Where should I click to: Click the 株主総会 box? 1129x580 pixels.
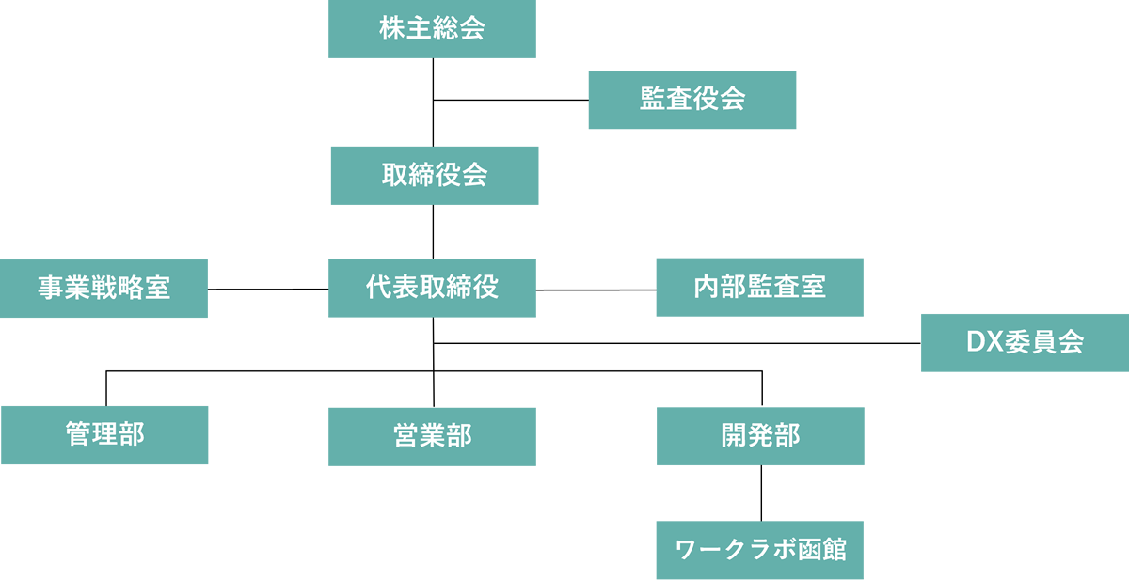click(x=432, y=29)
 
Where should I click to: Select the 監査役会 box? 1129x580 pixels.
click(x=692, y=100)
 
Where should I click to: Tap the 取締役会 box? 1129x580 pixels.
click(x=434, y=176)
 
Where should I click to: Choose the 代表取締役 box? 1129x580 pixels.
click(x=432, y=289)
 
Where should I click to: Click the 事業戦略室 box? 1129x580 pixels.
click(x=103, y=289)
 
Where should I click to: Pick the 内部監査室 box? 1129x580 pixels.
click(x=759, y=288)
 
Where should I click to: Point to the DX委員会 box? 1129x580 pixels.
click(x=1025, y=342)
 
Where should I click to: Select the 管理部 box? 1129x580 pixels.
click(x=104, y=435)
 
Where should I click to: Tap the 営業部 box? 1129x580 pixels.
click(x=432, y=436)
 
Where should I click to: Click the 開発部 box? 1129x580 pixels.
click(x=760, y=436)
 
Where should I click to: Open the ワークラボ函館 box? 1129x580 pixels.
click(x=759, y=550)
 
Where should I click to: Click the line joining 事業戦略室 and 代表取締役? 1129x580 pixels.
click(x=268, y=289)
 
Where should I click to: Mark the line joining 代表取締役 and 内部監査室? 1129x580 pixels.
click(x=596, y=289)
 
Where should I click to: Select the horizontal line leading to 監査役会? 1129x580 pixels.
click(x=511, y=100)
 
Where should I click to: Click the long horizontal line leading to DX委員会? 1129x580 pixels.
click(x=677, y=343)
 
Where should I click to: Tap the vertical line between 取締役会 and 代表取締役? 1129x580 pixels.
click(x=433, y=231)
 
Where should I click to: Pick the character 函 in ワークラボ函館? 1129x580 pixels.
click(x=805, y=550)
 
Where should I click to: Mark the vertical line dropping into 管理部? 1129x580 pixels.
click(x=106, y=387)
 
